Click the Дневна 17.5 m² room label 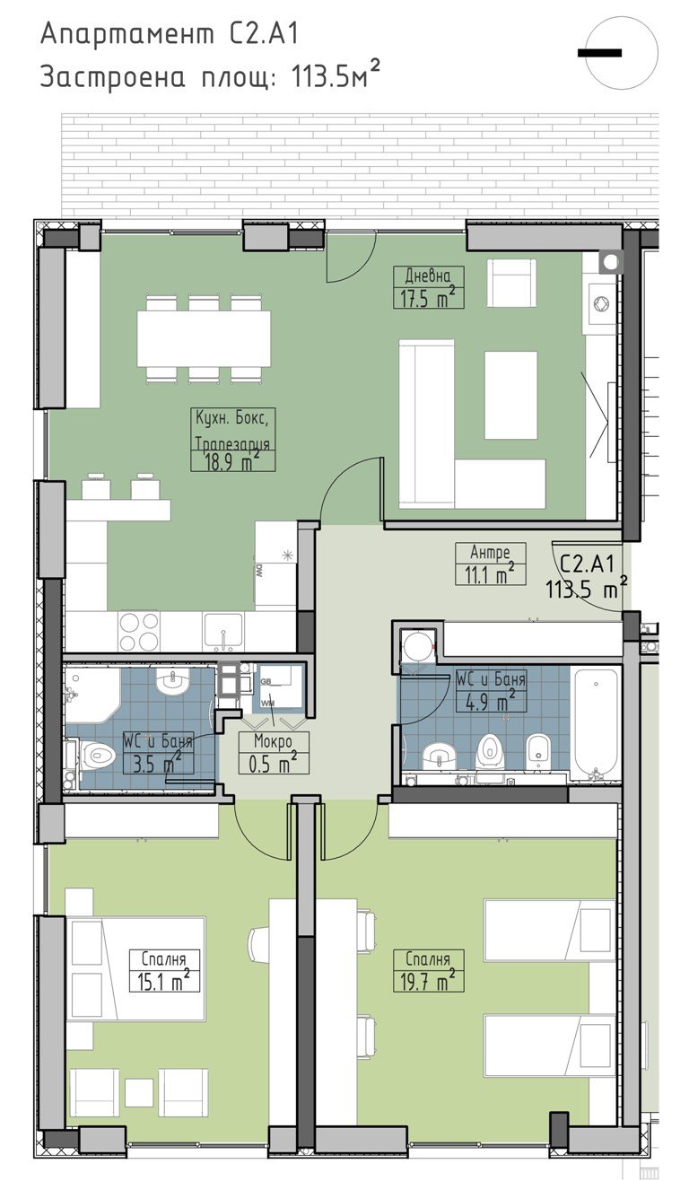coord(429,287)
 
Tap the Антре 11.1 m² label coord(490,564)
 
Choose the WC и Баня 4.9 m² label coord(490,690)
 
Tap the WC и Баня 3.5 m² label coord(158,753)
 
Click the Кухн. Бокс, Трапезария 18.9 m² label coord(233,439)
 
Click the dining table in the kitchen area coord(204,338)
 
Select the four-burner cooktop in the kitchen coord(139,631)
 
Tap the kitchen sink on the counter coord(223,631)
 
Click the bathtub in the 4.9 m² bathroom coord(595,726)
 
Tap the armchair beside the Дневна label coord(511,283)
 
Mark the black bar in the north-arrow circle coord(600,53)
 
